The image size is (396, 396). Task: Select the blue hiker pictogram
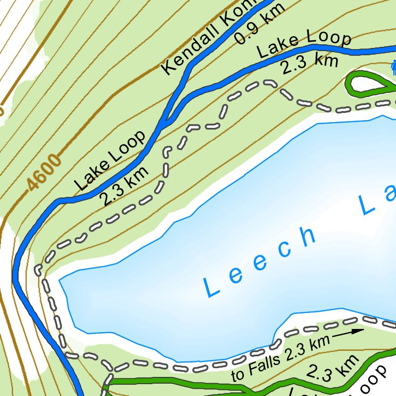click(x=391, y=67)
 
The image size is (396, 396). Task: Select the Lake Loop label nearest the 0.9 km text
click(x=304, y=44)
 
